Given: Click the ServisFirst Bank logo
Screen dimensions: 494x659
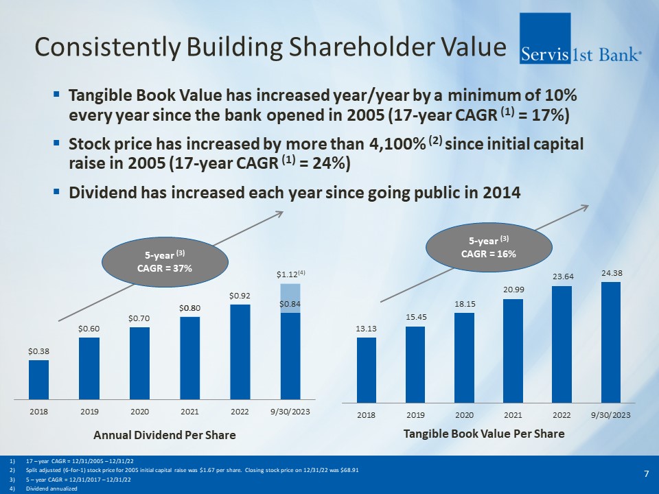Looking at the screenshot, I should coord(582,38).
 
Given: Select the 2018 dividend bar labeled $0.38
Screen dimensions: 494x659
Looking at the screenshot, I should coord(38,379).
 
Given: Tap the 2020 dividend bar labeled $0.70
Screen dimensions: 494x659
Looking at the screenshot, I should coord(139,362).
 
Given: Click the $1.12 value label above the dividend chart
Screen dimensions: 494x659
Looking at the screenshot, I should coord(290,274).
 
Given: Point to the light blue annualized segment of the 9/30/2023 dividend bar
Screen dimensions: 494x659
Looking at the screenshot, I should coord(290,298).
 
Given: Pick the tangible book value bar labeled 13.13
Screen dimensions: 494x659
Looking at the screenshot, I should coord(366,369).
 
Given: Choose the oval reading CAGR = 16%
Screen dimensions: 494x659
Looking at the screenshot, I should coord(489,246).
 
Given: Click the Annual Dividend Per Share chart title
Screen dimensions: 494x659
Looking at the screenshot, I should coord(164,435).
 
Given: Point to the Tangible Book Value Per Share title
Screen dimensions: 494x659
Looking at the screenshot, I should coord(484,434).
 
